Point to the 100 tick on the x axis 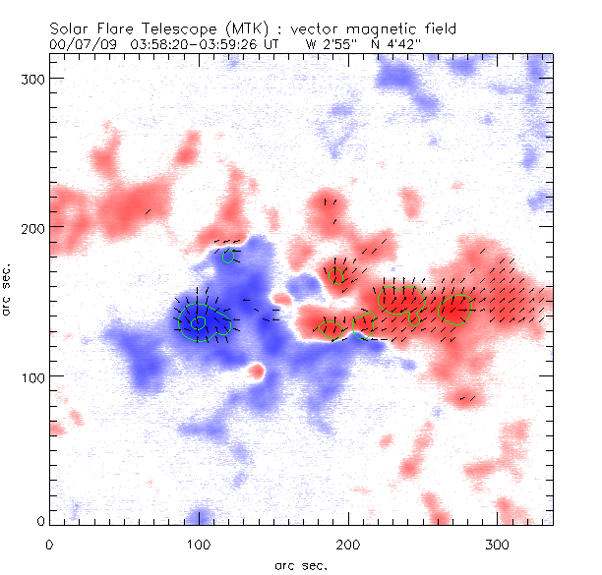click(199, 544)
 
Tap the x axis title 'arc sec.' click(300, 564)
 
